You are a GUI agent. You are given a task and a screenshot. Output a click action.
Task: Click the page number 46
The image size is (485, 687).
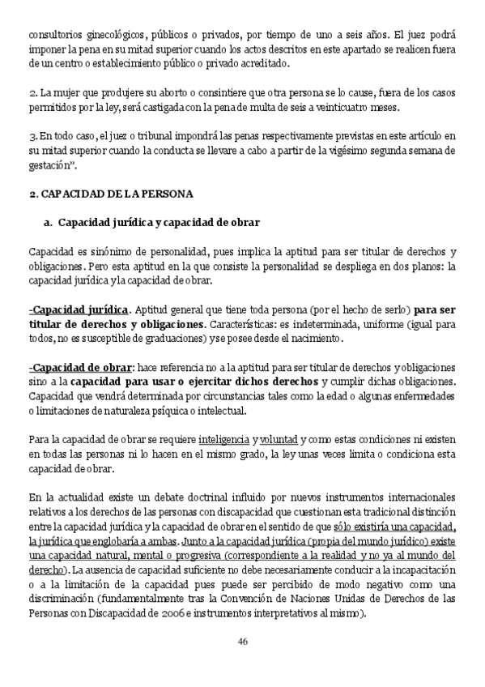pyautogui.click(x=242, y=642)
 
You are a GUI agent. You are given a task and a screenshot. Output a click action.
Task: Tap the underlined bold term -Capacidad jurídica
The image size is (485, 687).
pyautogui.click(x=79, y=309)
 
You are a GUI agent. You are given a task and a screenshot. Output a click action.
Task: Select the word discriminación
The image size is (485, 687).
pyautogui.click(x=63, y=599)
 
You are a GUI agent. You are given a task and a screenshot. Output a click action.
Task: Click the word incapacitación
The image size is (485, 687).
pyautogui.click(x=416, y=570)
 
